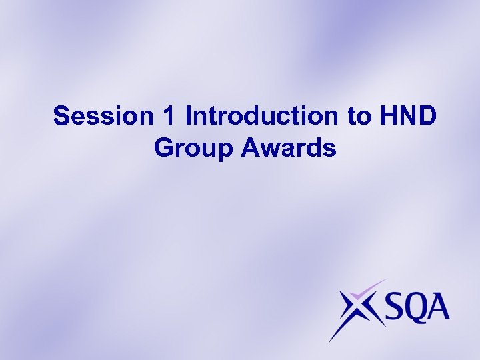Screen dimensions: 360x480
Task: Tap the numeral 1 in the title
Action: (169, 116)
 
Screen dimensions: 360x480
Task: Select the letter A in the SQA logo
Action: (439, 309)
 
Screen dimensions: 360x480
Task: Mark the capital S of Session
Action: (61, 116)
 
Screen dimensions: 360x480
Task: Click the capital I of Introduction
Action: (189, 116)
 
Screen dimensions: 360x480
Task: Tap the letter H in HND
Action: (390, 116)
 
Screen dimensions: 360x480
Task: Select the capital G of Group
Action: (163, 147)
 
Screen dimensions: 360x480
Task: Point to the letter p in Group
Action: (225, 150)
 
